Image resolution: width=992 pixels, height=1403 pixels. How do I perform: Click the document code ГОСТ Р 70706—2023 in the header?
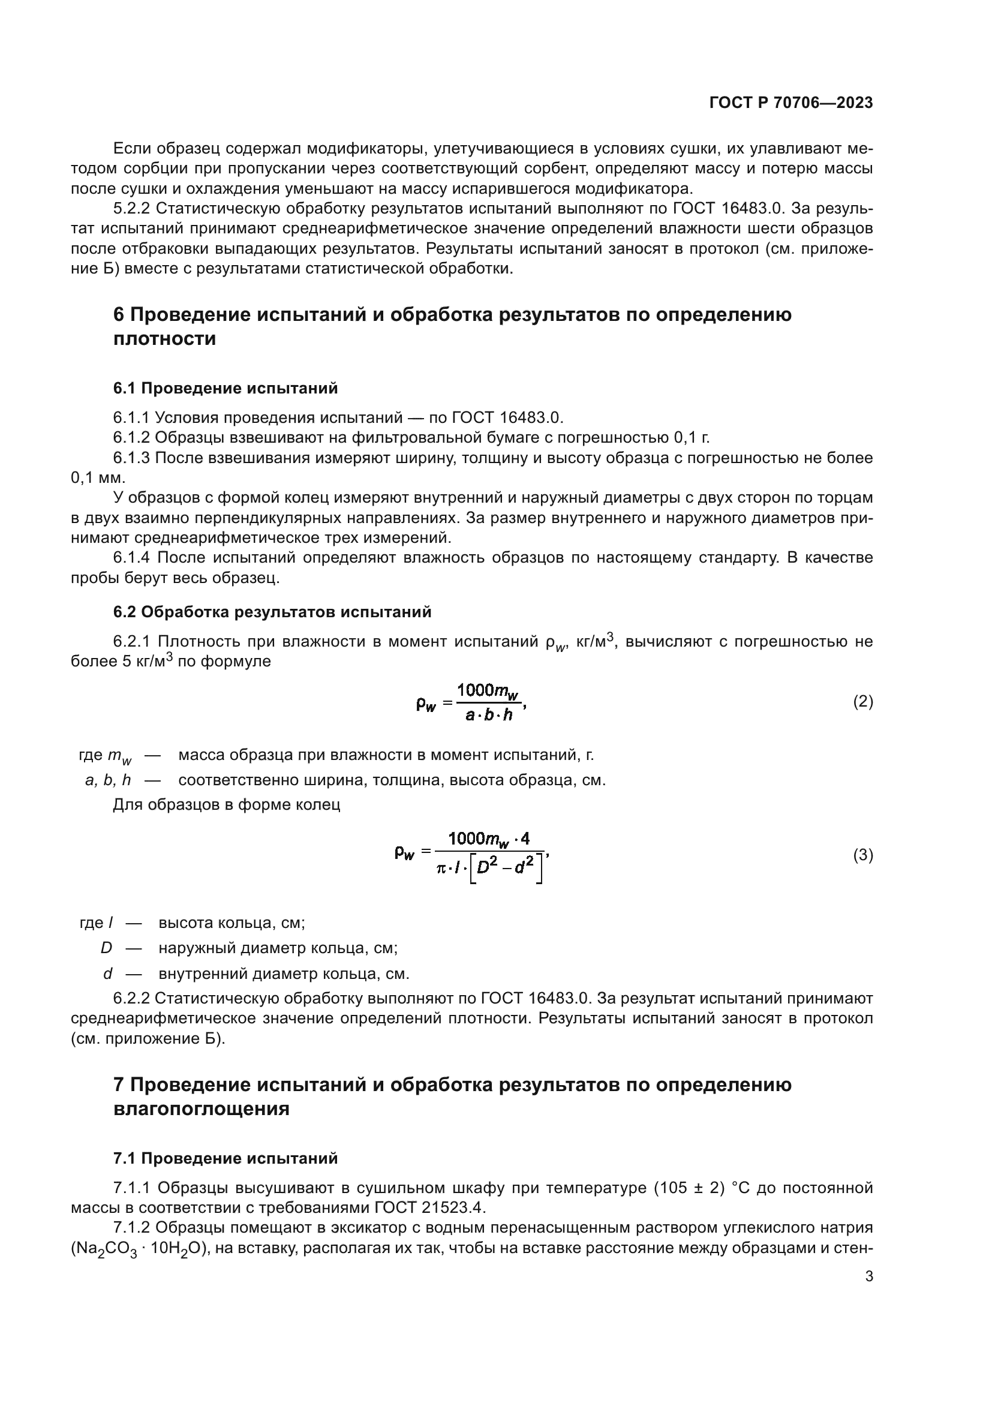[x=791, y=103]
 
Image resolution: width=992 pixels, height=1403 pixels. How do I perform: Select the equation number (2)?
[x=862, y=702]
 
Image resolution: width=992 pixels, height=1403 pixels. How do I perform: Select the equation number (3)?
[x=862, y=855]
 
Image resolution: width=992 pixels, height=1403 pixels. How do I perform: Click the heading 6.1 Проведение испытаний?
[x=226, y=388]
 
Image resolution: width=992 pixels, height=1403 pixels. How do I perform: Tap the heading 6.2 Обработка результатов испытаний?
[x=272, y=612]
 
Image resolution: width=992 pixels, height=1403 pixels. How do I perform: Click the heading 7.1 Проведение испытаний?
[x=226, y=1158]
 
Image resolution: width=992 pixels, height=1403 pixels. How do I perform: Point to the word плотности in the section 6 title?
[x=164, y=338]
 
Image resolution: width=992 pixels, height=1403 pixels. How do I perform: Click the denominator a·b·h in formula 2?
[x=489, y=715]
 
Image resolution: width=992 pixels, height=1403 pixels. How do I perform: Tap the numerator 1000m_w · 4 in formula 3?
[x=489, y=839]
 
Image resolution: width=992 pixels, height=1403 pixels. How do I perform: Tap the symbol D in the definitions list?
[x=106, y=948]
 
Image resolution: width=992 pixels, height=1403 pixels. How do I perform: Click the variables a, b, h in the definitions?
[x=107, y=780]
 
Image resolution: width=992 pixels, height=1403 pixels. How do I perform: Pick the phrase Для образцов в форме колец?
[x=226, y=805]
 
